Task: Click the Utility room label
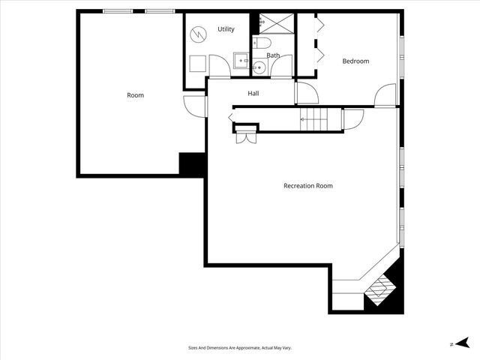tap(226, 29)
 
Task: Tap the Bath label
tap(273, 55)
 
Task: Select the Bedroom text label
tap(355, 61)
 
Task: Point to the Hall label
tap(253, 94)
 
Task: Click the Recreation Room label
tap(307, 186)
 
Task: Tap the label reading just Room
tap(135, 95)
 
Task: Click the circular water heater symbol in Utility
tap(198, 34)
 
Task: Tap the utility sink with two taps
tap(241, 60)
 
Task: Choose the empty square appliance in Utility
tap(197, 64)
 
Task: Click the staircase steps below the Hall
tap(314, 117)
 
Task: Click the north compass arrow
tap(463, 342)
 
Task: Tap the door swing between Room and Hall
tap(195, 106)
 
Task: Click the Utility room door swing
tap(219, 66)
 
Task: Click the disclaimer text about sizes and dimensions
tap(239, 348)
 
